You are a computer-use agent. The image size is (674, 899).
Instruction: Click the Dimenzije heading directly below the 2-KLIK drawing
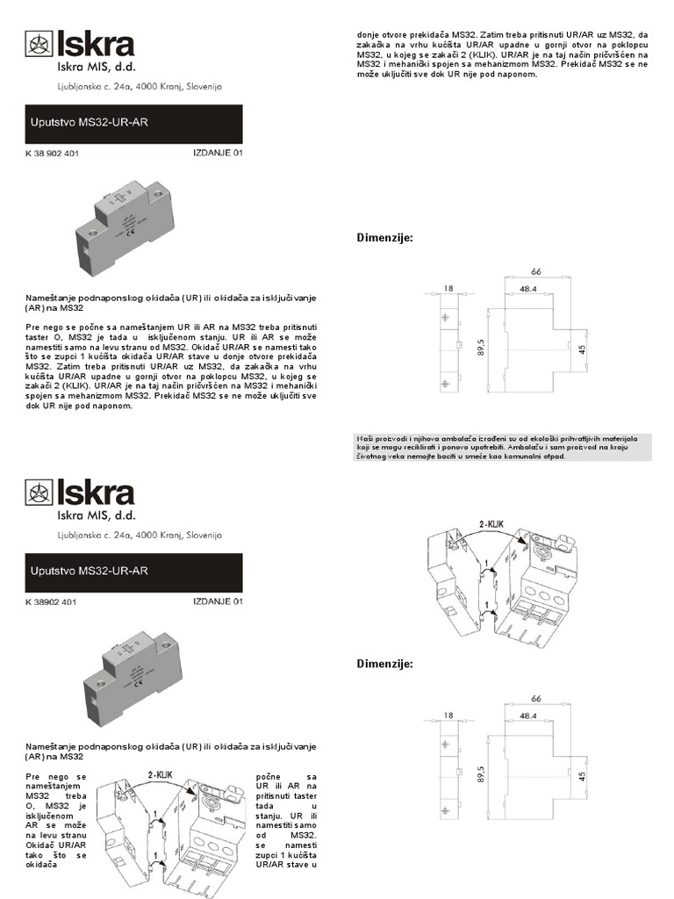tap(384, 664)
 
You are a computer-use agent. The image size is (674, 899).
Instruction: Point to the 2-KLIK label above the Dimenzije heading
tap(494, 524)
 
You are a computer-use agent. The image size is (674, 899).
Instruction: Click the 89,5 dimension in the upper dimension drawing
tap(481, 348)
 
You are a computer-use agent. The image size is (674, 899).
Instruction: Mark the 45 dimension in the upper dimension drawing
tap(581, 349)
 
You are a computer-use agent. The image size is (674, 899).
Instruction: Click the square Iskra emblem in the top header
tap(38, 44)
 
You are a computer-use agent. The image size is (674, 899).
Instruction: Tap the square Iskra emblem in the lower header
tap(38, 494)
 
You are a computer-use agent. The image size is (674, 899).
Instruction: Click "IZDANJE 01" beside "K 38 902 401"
tap(217, 153)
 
